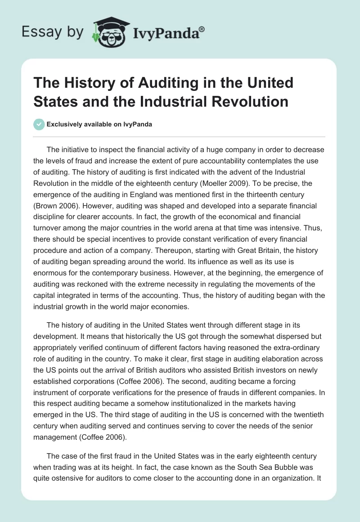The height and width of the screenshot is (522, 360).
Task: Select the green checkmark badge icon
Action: point(39,125)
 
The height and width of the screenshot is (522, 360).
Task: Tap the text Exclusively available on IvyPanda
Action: point(99,125)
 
